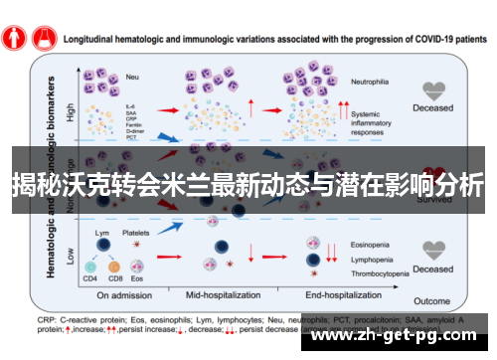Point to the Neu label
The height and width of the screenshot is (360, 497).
(132, 76)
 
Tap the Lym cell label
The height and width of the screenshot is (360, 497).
(101, 232)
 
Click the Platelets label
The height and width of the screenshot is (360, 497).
(136, 232)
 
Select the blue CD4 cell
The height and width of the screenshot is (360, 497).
(90, 267)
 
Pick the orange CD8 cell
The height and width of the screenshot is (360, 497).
(114, 267)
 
